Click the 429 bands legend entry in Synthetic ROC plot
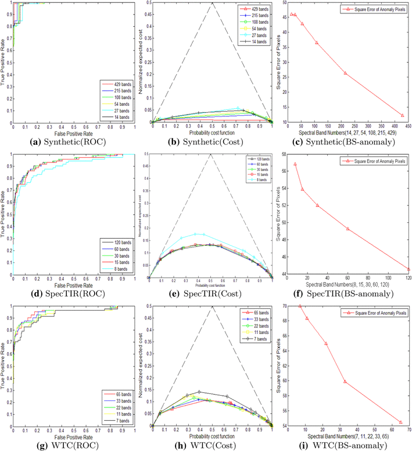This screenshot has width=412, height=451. coord(119,85)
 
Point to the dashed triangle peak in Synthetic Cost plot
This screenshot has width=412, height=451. coord(213,3)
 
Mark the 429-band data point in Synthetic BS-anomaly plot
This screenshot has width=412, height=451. coord(402,115)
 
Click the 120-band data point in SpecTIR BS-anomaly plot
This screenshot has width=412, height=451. coord(409,269)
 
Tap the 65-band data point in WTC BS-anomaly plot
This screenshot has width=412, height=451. coord(401,422)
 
